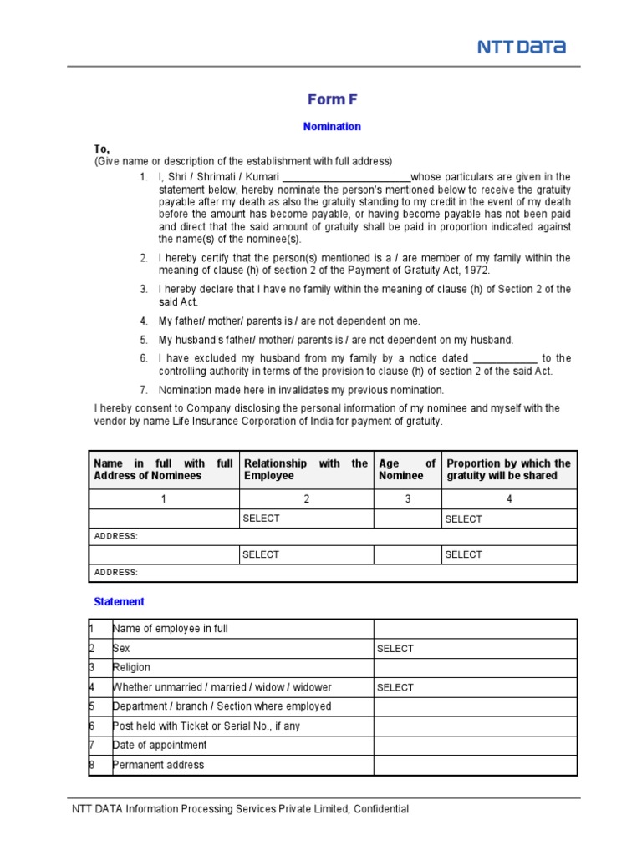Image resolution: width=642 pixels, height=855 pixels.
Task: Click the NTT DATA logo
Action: click(x=521, y=48)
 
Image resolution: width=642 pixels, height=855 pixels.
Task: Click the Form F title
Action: click(x=332, y=99)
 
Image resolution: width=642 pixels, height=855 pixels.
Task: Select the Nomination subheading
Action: click(x=332, y=127)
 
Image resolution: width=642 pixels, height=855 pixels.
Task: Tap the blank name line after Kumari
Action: click(x=346, y=178)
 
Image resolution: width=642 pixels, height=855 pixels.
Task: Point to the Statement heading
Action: click(x=119, y=601)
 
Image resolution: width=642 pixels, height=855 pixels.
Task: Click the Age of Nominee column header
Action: click(x=407, y=469)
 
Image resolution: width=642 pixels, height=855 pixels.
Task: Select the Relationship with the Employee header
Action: click(x=305, y=469)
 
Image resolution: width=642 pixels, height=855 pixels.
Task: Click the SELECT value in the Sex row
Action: click(x=395, y=649)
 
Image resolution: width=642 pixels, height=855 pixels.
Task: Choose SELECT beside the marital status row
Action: click(x=395, y=688)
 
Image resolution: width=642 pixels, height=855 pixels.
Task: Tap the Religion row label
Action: click(x=131, y=667)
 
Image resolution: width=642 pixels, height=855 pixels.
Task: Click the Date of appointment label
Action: click(x=160, y=745)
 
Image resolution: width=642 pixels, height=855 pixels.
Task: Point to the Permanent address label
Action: click(x=158, y=765)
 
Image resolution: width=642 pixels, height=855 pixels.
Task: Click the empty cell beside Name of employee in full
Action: click(x=474, y=629)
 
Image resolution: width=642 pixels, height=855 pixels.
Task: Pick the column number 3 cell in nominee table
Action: click(x=407, y=499)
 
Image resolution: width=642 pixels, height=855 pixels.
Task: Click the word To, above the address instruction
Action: click(x=102, y=148)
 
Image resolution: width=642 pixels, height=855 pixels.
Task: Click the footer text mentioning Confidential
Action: click(x=241, y=809)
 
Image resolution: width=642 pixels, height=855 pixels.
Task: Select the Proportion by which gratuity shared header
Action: click(x=508, y=469)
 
